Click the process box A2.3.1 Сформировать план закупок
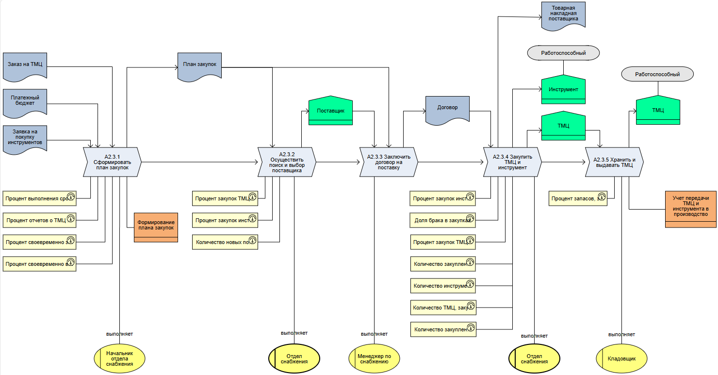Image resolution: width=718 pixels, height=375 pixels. [x=112, y=162]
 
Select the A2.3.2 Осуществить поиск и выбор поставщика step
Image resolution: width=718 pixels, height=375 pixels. [x=287, y=162]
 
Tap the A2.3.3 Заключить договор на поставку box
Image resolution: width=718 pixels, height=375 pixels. [x=389, y=162]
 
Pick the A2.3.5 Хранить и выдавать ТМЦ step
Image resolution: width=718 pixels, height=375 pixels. [x=614, y=162]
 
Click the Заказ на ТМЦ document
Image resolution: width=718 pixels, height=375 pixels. [x=25, y=65]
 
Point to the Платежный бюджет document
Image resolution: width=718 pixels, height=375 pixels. [x=25, y=101]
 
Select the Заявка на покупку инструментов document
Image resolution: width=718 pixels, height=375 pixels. [x=25, y=137]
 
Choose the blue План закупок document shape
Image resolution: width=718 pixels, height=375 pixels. [x=199, y=65]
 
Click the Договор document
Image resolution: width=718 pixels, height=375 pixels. [x=447, y=109]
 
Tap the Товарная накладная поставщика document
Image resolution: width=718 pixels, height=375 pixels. [x=564, y=15]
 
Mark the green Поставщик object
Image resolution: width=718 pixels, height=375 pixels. [x=330, y=111]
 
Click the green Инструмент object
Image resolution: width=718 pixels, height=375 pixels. [x=563, y=90]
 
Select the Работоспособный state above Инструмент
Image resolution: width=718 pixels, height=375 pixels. [x=563, y=53]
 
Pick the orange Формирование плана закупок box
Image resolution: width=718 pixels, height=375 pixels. [x=156, y=226]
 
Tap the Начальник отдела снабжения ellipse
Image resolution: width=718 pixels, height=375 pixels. [x=119, y=359]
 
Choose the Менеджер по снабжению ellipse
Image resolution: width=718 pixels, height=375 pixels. [x=374, y=359]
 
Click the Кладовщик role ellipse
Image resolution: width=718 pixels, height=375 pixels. [x=621, y=359]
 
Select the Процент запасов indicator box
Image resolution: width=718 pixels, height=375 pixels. [x=578, y=198]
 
